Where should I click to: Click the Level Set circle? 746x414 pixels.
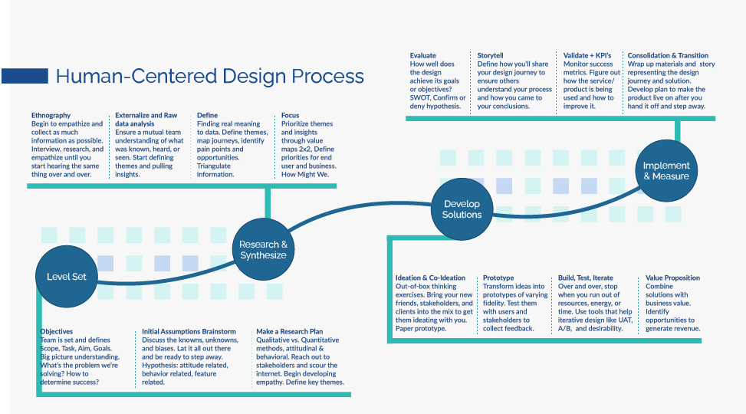(x=67, y=277)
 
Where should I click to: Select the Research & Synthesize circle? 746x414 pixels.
(x=263, y=250)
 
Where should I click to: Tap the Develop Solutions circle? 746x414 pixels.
(x=462, y=209)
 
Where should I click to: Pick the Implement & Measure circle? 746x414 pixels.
(x=665, y=171)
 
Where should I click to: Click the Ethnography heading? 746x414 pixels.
(x=51, y=115)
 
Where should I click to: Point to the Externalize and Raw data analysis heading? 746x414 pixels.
(x=146, y=119)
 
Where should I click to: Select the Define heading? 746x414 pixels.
(x=207, y=115)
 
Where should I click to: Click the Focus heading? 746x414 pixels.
(x=290, y=115)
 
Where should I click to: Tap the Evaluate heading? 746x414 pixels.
(x=422, y=55)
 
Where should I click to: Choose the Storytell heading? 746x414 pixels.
(x=491, y=55)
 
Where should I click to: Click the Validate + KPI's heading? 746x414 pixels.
(x=588, y=55)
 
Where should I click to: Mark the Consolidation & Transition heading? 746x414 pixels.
(x=668, y=55)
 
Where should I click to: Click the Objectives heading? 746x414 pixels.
(x=57, y=331)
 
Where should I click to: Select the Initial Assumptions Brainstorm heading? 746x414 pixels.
(x=189, y=331)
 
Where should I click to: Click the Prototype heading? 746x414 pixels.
(x=498, y=278)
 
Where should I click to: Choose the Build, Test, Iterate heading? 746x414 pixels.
(x=586, y=278)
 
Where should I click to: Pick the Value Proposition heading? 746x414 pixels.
(x=672, y=278)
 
